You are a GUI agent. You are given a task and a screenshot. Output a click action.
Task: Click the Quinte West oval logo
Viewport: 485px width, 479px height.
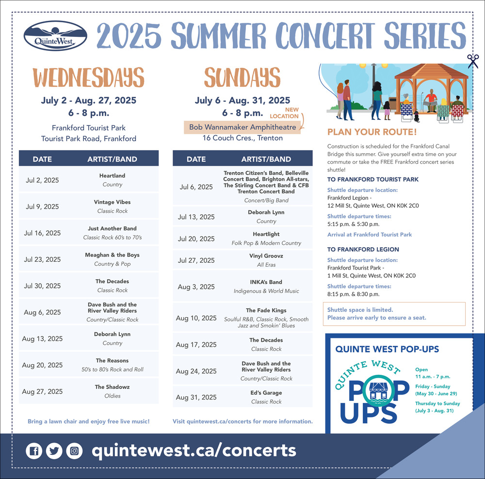pos(55,36)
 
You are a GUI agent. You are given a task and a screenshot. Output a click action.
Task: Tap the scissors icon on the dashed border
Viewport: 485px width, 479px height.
pos(473,61)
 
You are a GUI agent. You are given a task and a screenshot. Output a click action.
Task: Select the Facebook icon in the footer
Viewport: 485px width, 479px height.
pos(34,450)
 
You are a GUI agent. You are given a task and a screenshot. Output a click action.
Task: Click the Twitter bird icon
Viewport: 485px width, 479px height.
pos(54,450)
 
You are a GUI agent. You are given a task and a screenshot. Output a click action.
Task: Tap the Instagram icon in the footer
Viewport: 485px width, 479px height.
pos(74,450)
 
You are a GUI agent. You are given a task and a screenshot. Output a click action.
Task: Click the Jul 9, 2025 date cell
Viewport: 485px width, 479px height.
pos(42,207)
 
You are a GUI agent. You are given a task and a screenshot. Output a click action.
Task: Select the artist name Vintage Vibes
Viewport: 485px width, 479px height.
pos(113,202)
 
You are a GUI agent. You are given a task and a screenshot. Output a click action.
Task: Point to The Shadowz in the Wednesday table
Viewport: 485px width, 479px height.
pos(113,387)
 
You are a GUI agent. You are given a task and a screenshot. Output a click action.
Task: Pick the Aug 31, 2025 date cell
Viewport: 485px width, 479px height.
pos(196,398)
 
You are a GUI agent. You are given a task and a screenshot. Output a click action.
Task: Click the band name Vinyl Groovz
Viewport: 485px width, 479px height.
pos(266,255)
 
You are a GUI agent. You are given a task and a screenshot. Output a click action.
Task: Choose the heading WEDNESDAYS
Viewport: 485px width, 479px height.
pos(88,77)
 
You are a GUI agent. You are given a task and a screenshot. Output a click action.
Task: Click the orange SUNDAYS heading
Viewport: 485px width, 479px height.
pos(242,77)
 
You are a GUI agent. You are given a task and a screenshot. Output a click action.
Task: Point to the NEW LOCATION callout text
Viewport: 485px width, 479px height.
pos(285,113)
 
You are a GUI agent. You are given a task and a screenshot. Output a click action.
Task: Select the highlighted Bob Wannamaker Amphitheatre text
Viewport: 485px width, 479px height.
pos(242,127)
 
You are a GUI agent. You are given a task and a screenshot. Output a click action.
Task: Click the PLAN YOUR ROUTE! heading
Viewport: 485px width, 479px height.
pos(372,132)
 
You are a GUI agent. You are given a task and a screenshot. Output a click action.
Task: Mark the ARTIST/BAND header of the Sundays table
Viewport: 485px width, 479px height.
pos(266,159)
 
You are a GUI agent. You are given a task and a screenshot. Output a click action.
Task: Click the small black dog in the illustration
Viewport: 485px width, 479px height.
pos(417,116)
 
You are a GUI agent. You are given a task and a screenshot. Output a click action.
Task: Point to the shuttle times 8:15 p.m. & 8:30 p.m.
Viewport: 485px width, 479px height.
pos(353,294)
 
